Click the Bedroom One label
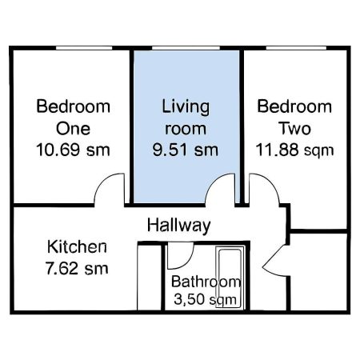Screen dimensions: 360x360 pyautogui.click(x=73, y=118)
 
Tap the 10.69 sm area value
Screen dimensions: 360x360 pyautogui.click(x=73, y=149)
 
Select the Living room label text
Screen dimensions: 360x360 pyautogui.click(x=185, y=117)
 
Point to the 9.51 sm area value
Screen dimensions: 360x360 pyautogui.click(x=185, y=149)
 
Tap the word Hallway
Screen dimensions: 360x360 pyautogui.click(x=178, y=225)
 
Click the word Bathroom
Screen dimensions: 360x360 pyautogui.click(x=206, y=282)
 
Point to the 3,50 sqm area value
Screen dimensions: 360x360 pyautogui.click(x=206, y=300)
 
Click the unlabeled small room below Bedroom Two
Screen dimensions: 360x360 pyautogui.click(x=318, y=272)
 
